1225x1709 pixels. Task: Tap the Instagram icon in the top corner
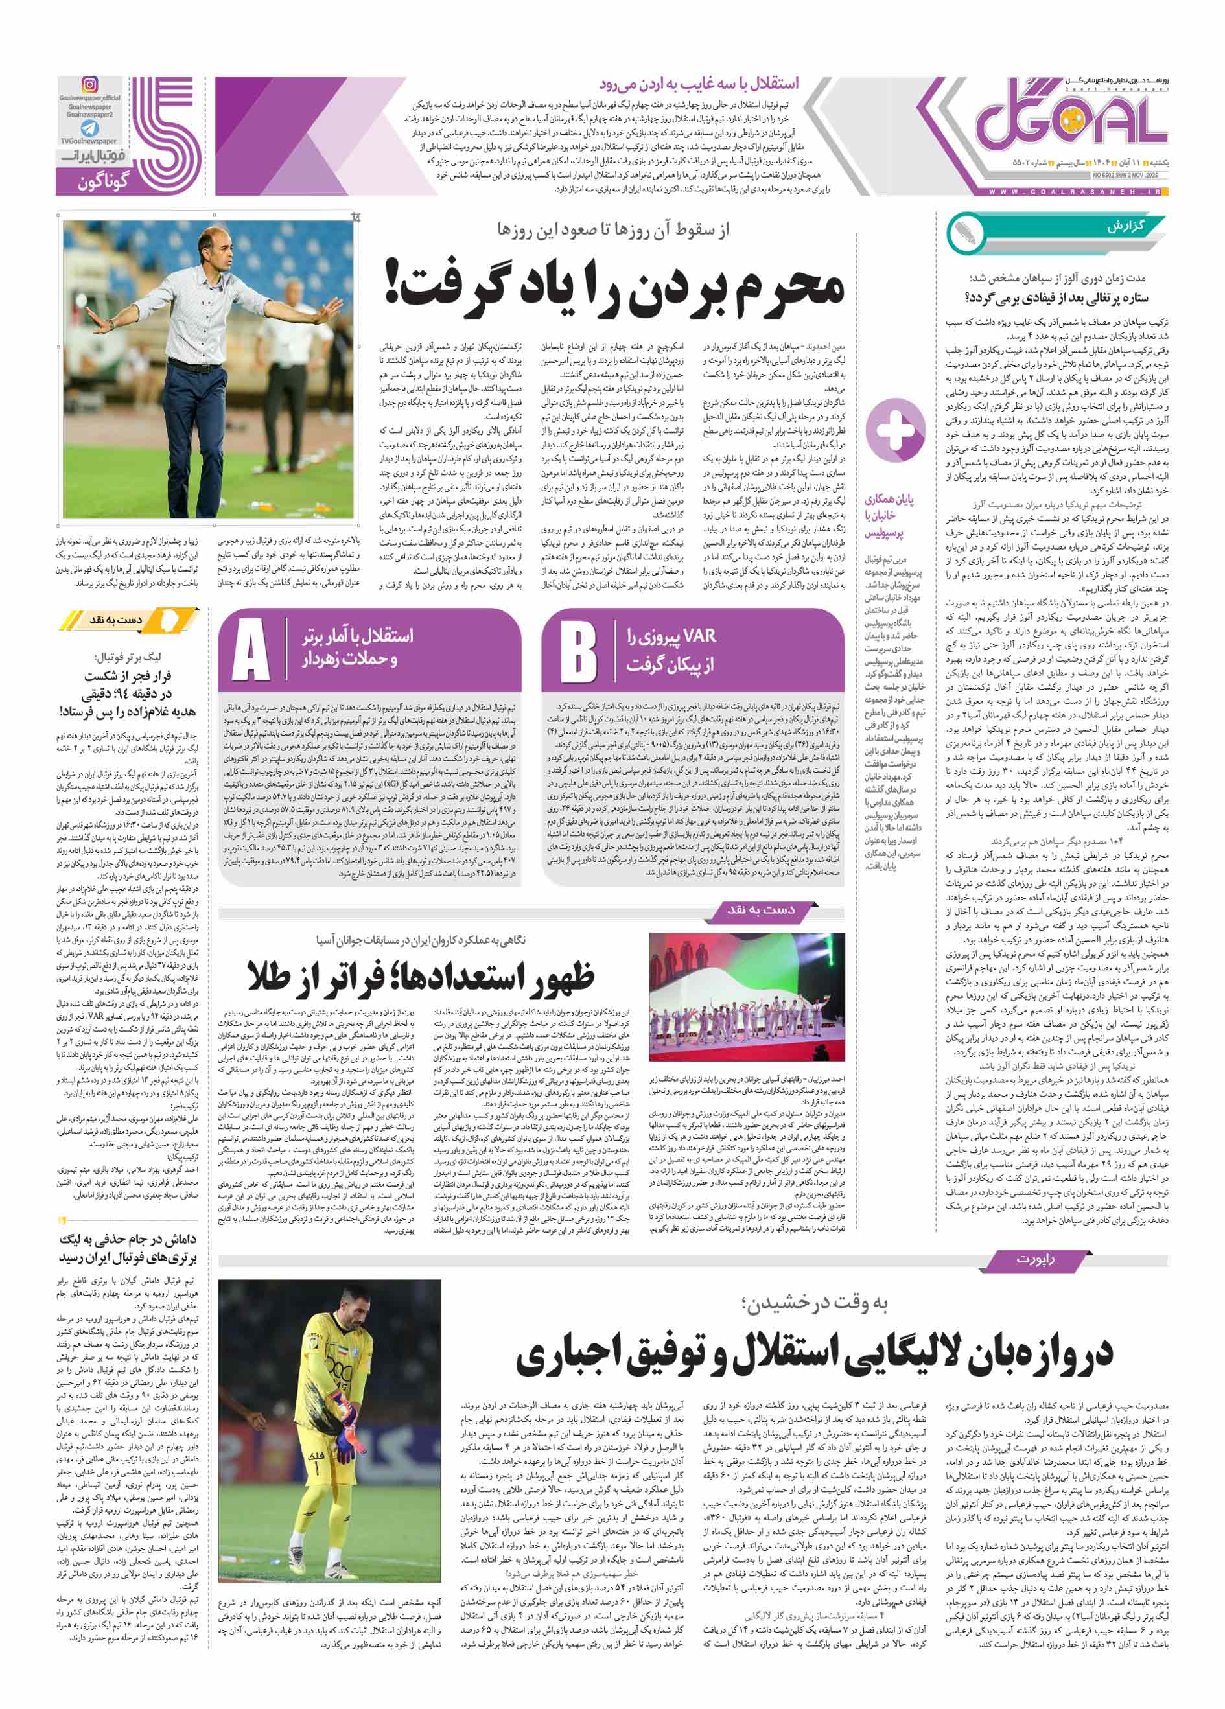point(89,85)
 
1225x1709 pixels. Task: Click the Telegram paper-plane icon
point(89,128)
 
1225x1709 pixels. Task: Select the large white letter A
point(250,649)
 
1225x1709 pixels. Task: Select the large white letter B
point(578,649)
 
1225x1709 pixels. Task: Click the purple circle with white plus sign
point(894,430)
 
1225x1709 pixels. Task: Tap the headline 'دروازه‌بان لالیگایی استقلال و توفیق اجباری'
point(813,1353)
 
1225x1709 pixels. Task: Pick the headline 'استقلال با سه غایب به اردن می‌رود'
point(699,84)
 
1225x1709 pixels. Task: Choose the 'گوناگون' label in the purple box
point(104,181)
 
